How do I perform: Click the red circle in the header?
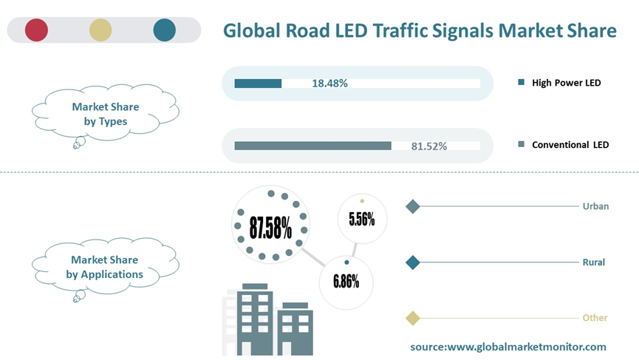click(x=36, y=30)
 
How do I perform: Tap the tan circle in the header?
click(x=100, y=30)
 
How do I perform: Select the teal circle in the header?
click(x=165, y=30)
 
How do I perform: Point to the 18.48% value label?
click(x=329, y=84)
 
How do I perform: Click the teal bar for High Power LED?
click(x=258, y=84)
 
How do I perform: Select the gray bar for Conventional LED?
click(x=312, y=146)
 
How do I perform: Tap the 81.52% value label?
click(x=428, y=146)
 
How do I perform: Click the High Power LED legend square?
click(x=522, y=83)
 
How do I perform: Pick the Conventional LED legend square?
click(x=522, y=145)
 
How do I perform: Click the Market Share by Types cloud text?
click(x=105, y=114)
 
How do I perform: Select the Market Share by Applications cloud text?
click(x=105, y=267)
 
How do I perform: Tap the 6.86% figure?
click(x=346, y=281)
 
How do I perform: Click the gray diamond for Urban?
click(x=413, y=206)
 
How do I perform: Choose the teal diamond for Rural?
click(x=413, y=262)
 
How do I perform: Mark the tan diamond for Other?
click(x=413, y=318)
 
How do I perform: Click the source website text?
click(x=508, y=346)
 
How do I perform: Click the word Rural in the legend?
click(x=593, y=262)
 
